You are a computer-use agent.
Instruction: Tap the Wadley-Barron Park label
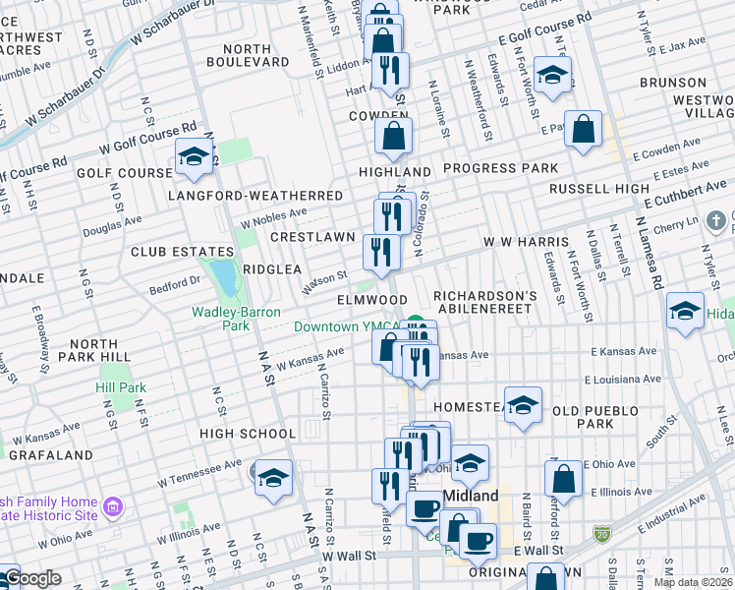coord(235,319)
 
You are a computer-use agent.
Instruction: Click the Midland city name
coord(471,496)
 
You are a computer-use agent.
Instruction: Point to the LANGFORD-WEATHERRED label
coord(254,196)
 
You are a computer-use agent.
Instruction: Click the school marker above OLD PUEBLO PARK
coord(524,404)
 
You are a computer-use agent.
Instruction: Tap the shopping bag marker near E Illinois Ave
coord(564,479)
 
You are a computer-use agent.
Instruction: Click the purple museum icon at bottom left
coord(115,507)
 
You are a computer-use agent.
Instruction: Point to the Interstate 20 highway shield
coord(601,532)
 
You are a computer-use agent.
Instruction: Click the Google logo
coord(33,578)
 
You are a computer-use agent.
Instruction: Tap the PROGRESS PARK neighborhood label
coord(500,168)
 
